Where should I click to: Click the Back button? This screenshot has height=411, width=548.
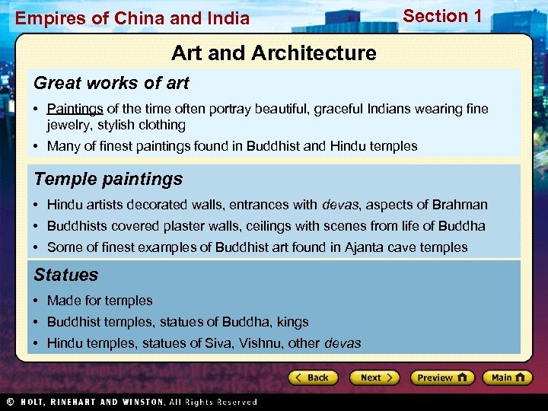tap(312, 378)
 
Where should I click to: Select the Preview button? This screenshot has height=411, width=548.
tap(441, 378)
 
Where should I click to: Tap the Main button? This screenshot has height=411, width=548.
tap(507, 378)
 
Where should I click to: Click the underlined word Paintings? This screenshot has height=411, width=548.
tap(75, 109)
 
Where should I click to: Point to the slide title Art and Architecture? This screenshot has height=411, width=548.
tap(273, 53)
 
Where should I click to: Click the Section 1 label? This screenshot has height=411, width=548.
tap(442, 16)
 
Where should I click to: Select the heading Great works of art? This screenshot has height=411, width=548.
tap(111, 83)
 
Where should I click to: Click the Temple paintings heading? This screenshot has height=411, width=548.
tap(108, 179)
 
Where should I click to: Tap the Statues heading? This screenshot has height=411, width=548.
tap(66, 275)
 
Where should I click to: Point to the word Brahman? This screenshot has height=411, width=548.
tap(459, 205)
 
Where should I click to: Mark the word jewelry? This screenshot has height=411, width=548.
tap(68, 125)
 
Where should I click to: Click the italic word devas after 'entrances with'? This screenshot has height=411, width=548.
tap(339, 205)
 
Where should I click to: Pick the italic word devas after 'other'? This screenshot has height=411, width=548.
tap(342, 343)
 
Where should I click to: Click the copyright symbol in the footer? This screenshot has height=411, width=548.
tap(9, 402)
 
